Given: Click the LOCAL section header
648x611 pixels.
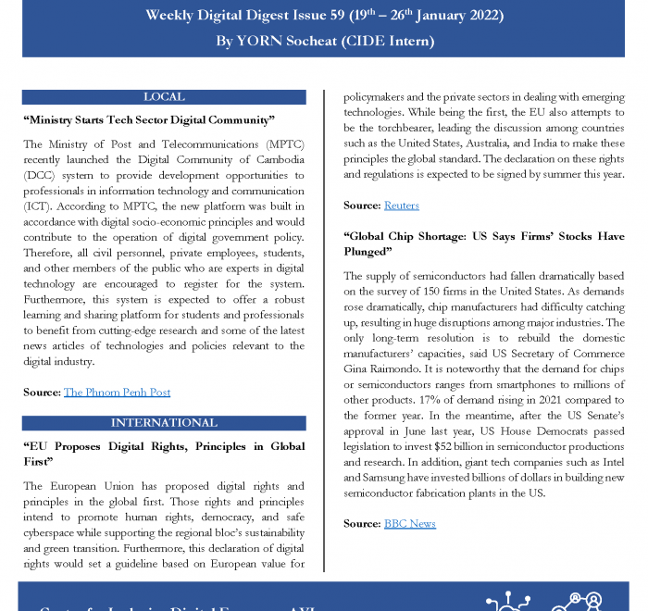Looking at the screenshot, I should click(164, 96).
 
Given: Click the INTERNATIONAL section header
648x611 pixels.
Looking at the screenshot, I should click(164, 423).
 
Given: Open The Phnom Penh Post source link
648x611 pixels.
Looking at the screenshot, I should click(117, 393).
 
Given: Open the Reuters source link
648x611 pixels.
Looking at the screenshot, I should click(401, 206).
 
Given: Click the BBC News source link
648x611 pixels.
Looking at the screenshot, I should click(409, 524).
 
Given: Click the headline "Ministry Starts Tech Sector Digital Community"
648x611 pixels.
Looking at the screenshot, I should click(149, 120).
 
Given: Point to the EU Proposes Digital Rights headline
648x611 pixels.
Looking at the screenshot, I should click(163, 454).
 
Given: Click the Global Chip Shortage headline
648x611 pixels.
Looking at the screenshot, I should click(483, 243).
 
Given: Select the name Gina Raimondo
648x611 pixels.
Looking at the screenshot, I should click(382, 368).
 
